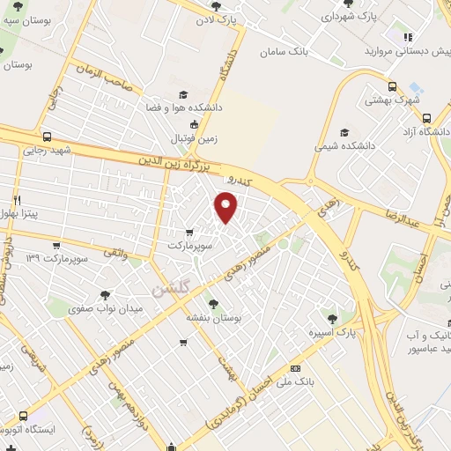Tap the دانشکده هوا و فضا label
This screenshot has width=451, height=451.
pyautogui.click(x=183, y=108)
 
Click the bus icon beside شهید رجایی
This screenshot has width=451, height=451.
pyautogui.click(x=46, y=137)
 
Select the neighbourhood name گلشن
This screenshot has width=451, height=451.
pyautogui.click(x=169, y=290)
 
